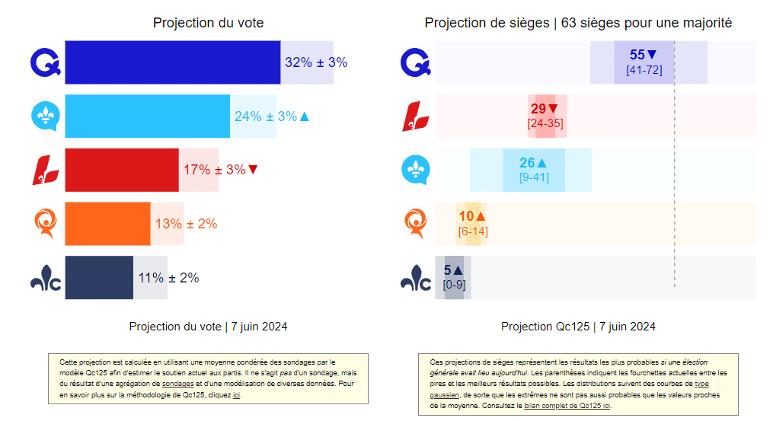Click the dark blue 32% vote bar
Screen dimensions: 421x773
point(173,62)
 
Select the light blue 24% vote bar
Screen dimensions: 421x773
point(148,116)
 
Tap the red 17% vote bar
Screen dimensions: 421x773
point(122,170)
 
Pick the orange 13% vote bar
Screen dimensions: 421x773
point(107,224)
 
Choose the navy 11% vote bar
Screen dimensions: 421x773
point(99,278)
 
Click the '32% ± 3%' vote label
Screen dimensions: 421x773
point(316,62)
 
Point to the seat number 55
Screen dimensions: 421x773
point(637,55)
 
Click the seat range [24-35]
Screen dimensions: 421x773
point(545,123)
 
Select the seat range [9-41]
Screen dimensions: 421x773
point(533,177)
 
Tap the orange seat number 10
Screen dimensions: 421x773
point(466,217)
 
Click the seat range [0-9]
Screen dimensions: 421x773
point(453,284)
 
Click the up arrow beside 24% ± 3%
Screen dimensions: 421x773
point(305,116)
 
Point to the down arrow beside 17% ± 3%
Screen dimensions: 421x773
point(253,170)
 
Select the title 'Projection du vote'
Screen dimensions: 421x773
point(208,23)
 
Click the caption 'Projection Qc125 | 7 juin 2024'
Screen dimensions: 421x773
point(578,327)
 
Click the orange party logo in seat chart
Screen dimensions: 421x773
point(415,224)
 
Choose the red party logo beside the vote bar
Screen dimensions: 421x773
point(46,170)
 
